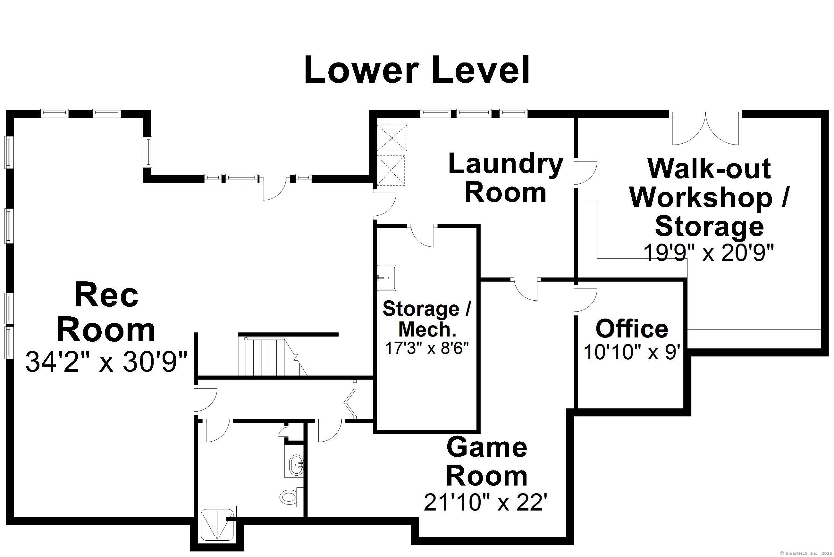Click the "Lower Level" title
(417, 70)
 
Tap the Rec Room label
(106, 312)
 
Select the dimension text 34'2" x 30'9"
(106, 362)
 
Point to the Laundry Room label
(505, 178)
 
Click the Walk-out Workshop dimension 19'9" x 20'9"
(709, 253)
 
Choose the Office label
(632, 329)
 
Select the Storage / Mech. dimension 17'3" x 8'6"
(427, 348)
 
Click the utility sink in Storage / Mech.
(387, 278)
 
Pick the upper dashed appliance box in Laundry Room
(392, 138)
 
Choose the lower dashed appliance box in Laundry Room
(391, 170)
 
